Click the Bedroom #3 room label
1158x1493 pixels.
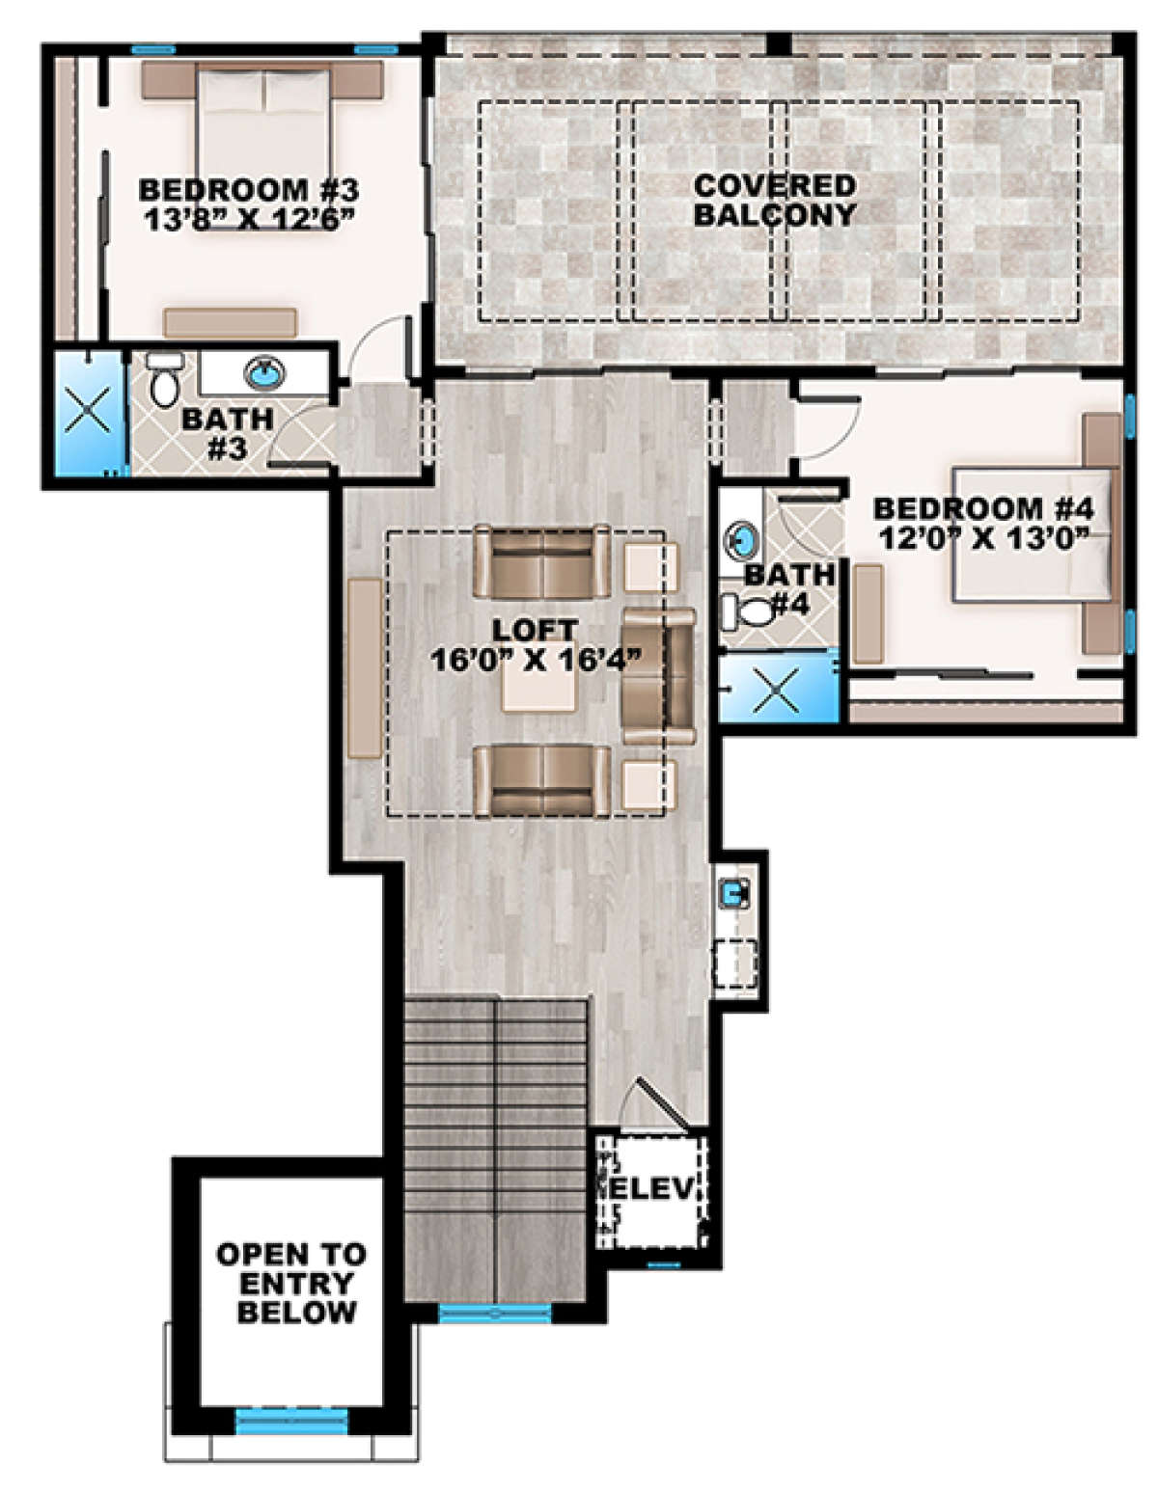pos(249,189)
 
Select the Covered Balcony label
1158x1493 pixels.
pos(775,200)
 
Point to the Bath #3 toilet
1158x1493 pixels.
pos(164,379)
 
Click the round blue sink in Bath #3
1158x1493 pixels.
pos(265,374)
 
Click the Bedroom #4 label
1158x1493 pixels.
pos(982,509)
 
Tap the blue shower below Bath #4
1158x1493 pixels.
pos(779,687)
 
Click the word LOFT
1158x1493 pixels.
pos(536,629)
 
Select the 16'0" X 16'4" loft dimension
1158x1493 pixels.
pos(536,660)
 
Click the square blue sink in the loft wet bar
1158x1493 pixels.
pos(733,894)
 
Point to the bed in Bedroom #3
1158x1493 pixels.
pos(263,146)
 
